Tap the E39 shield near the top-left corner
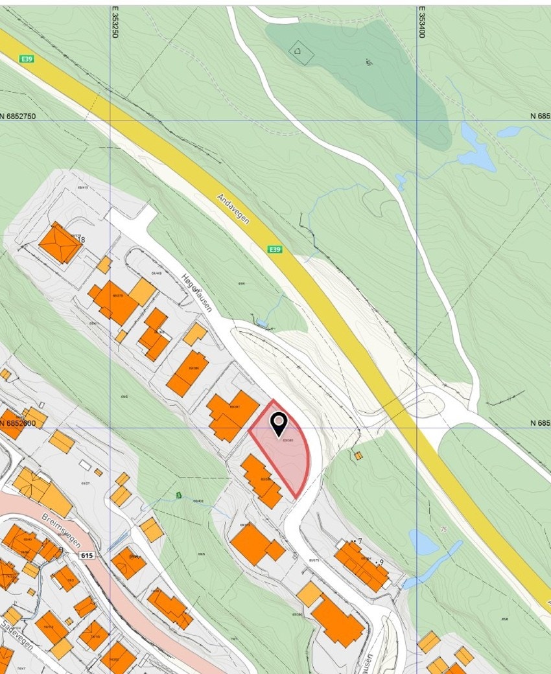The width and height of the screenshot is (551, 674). pos(27,59)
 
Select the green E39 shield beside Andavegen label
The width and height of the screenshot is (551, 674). pos(275,250)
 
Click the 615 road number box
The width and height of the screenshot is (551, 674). pos(88,555)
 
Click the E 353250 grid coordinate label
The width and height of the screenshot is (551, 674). pos(115,23)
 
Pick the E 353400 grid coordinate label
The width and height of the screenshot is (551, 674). pos(421,23)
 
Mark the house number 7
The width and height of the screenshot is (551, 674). pos(359,540)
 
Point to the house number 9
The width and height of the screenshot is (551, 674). pos(382,562)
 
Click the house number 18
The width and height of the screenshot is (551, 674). pos(80,240)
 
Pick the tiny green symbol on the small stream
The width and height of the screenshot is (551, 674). pos(179,495)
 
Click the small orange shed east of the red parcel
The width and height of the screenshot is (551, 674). pos(358,456)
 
